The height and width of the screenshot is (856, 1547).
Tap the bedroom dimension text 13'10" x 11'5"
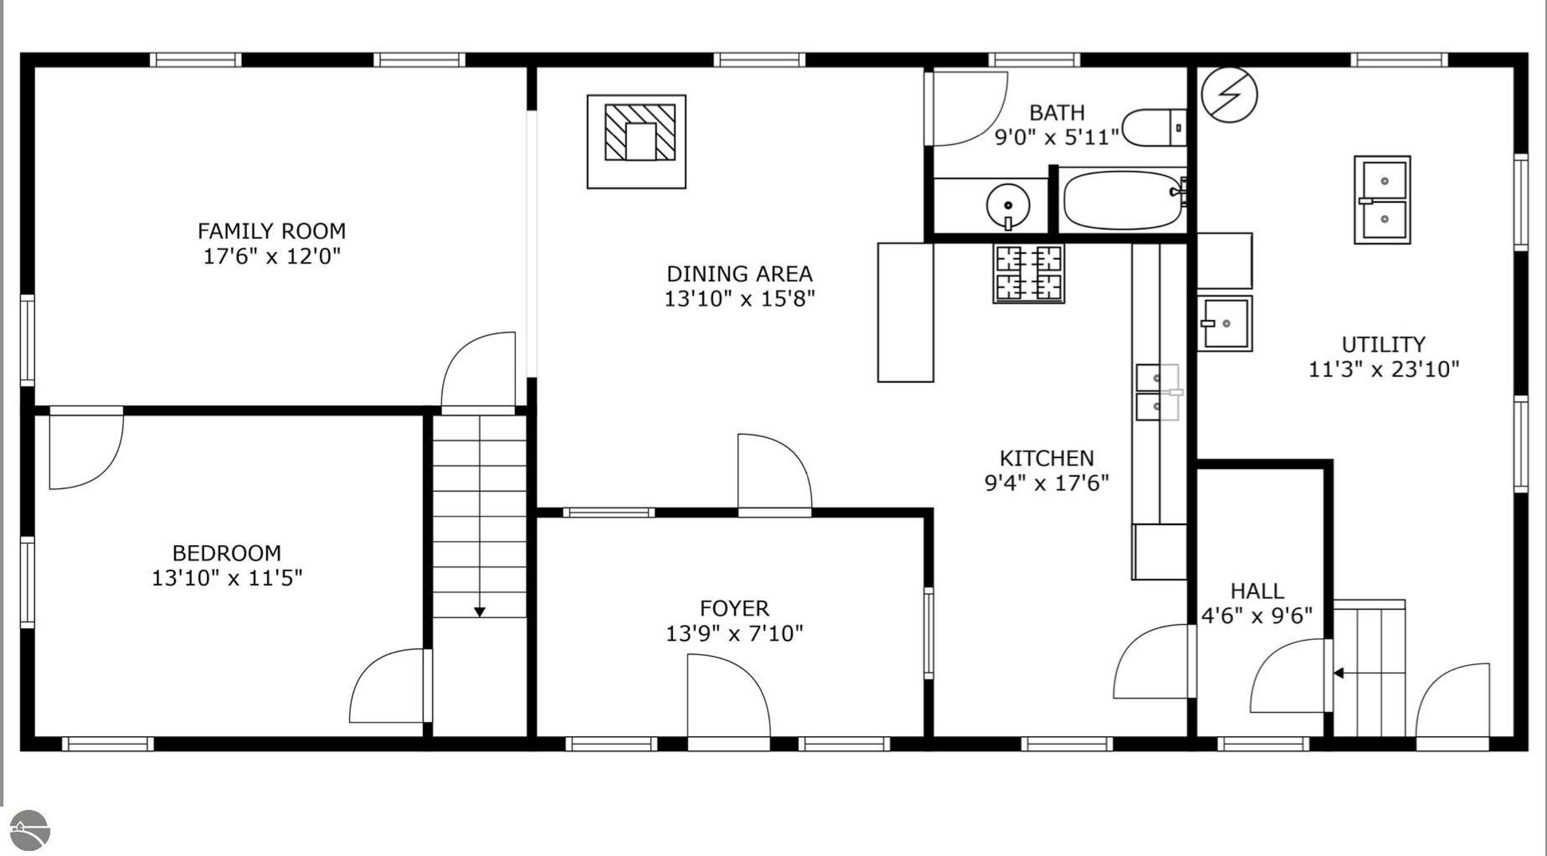pyautogui.click(x=226, y=578)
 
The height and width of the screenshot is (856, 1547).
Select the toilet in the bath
pyautogui.click(x=1154, y=127)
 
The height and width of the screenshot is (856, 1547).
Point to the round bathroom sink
pyautogui.click(x=1008, y=206)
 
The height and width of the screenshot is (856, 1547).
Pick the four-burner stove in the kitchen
pyautogui.click(x=1029, y=273)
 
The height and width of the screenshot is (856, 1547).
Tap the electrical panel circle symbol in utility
pyautogui.click(x=1229, y=95)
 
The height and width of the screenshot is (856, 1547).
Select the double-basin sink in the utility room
pyautogui.click(x=1382, y=200)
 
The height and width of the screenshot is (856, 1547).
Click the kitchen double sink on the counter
pyautogui.click(x=1157, y=392)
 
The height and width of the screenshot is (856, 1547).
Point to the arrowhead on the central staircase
pyautogui.click(x=479, y=612)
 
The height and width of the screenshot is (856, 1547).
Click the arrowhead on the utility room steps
pyautogui.click(x=1339, y=673)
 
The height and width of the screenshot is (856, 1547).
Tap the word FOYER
pyautogui.click(x=734, y=608)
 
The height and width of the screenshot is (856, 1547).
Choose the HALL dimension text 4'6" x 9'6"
pyautogui.click(x=1257, y=615)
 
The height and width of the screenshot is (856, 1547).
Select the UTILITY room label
pyautogui.click(x=1383, y=344)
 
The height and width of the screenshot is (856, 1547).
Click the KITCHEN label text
pyautogui.click(x=1047, y=458)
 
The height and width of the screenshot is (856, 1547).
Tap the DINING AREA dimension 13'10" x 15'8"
pyautogui.click(x=739, y=299)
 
